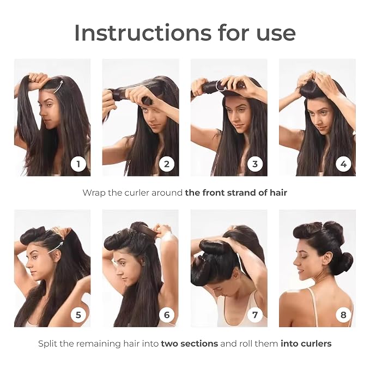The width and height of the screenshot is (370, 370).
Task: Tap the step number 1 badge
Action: coord(78,164)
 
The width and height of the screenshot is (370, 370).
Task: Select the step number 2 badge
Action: coord(167,164)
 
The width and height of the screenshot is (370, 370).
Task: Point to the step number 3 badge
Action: coord(255,164)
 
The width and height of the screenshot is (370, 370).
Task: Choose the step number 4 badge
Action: coord(343,164)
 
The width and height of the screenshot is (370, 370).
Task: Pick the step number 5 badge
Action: coord(78,315)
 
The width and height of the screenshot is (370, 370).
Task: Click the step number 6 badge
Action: coord(167,315)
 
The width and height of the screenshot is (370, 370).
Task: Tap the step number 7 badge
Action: coord(255,315)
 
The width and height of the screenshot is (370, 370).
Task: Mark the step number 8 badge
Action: coord(343,315)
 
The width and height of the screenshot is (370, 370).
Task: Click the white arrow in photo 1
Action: coord(58,87)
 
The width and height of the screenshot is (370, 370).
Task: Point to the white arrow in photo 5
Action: coord(56,247)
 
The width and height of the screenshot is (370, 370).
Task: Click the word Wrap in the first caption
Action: coord(94,193)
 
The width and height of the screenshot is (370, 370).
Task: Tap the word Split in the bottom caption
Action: coord(47,344)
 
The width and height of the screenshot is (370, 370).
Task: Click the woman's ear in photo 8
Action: coord(326,258)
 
